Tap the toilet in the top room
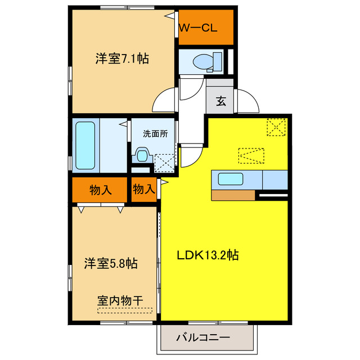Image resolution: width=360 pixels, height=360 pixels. pyautogui.click(x=202, y=61)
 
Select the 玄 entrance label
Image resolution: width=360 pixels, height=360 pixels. pyautogui.click(x=221, y=102)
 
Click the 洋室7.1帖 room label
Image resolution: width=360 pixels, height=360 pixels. pyautogui.click(x=122, y=58)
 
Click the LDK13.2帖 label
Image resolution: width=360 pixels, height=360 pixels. pyautogui.click(x=208, y=255)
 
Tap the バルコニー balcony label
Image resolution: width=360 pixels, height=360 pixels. pyautogui.click(x=203, y=338)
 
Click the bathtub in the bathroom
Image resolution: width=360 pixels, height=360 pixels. pyautogui.click(x=85, y=146)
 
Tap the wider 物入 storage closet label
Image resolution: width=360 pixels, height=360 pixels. pyautogui.click(x=100, y=190)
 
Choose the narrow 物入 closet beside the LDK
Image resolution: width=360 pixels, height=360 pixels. pyautogui.click(x=144, y=190)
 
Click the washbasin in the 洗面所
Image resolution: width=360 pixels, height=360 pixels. pyautogui.click(x=142, y=155)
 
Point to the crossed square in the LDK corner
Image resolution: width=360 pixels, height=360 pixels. pyautogui.click(x=276, y=128)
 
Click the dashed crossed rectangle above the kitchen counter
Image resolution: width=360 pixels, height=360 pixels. pyautogui.click(x=250, y=155)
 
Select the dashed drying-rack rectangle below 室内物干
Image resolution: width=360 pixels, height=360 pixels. pyautogui.click(x=125, y=310)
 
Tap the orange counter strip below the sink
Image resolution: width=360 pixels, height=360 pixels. pyautogui.click(x=233, y=195)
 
